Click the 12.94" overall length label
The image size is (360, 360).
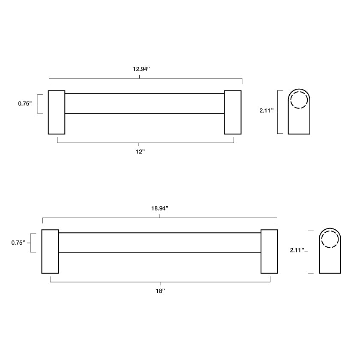click(141, 69)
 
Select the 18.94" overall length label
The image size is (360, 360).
click(159, 208)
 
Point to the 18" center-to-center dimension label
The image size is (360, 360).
click(159, 291)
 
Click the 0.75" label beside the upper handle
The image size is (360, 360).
click(25, 104)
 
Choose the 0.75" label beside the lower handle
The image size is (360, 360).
click(18, 243)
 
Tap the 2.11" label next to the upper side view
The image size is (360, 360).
click(266, 111)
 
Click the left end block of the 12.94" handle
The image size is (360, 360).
click(57, 112)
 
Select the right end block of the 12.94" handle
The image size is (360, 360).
click(233, 112)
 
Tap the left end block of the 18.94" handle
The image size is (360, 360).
click(50, 252)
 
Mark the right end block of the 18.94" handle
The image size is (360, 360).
click(269, 252)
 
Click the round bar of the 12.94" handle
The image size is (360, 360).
click(144, 103)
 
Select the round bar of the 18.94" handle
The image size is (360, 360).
click(159, 243)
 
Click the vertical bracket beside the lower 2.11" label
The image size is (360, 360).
click(309, 252)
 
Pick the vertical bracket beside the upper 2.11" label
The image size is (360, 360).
click(278, 112)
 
